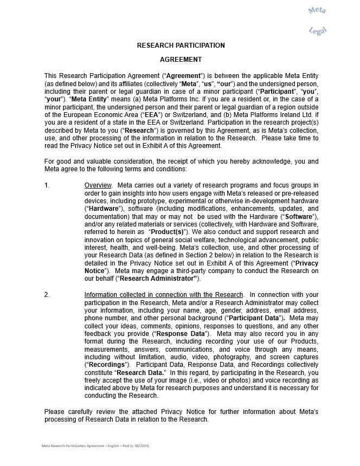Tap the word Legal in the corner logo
pos(318,31)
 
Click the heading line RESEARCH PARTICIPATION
pos(181,46)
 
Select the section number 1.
pos(47,185)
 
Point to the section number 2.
pos(47,295)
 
